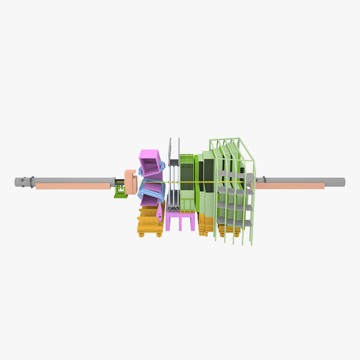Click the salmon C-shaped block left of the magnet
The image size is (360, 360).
[130, 182]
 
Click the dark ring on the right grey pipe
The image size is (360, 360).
[264, 180]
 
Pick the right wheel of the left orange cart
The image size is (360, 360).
[159, 235]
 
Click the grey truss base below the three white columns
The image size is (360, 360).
[173, 208]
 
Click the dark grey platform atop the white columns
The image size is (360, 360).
[174, 163]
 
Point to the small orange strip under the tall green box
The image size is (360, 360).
[187, 211]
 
